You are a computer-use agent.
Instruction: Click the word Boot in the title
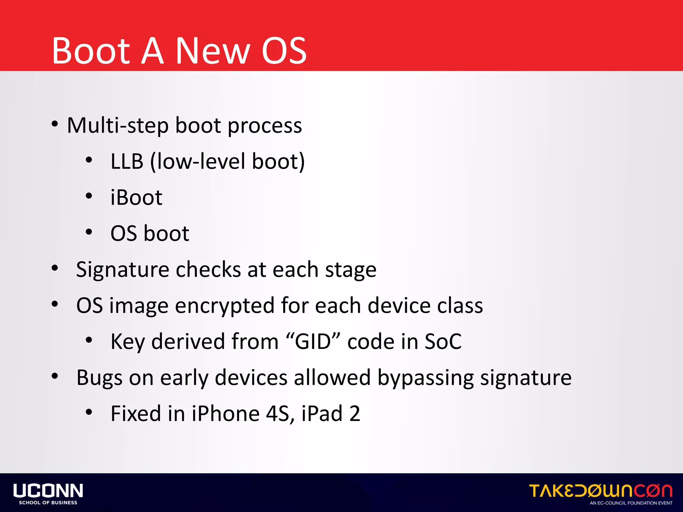pyautogui.click(x=91, y=51)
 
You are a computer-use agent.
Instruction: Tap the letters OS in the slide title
pyautogui.click(x=283, y=51)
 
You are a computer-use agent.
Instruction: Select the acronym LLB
pyautogui.click(x=127, y=162)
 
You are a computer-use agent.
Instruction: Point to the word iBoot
pyautogui.click(x=136, y=197)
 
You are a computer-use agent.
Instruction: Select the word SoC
pyautogui.click(x=443, y=342)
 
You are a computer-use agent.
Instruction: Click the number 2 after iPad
pyautogui.click(x=355, y=414)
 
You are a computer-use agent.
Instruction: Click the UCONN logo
pyautogui.click(x=48, y=491)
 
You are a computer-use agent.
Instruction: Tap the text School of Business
pyautogui.click(x=48, y=503)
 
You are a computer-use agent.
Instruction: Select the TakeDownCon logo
pyautogui.click(x=600, y=491)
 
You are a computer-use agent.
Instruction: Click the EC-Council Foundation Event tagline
pyautogui.click(x=631, y=503)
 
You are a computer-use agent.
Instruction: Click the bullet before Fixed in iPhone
pyautogui.click(x=89, y=412)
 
